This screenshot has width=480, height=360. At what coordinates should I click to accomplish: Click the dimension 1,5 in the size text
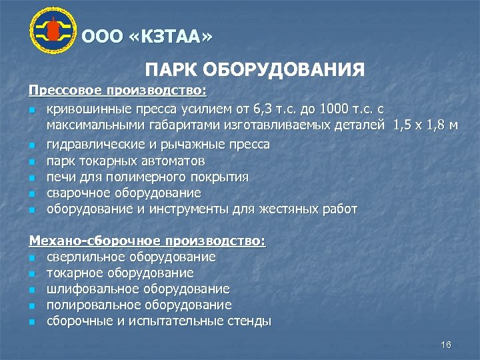(x=403, y=125)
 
